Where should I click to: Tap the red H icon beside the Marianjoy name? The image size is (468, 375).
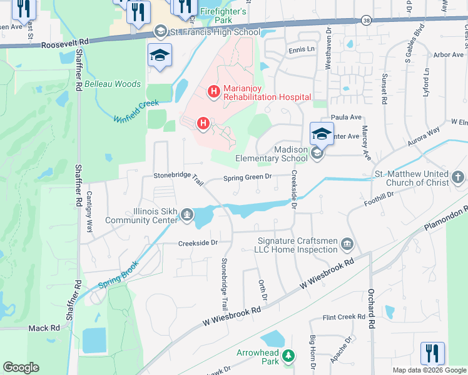pyautogui.click(x=213, y=92)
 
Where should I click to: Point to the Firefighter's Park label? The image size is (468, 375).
pyautogui.click(x=223, y=16)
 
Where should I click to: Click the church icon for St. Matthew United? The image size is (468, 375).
pyautogui.click(x=458, y=178)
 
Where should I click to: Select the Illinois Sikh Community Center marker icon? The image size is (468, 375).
pyautogui.click(x=186, y=216)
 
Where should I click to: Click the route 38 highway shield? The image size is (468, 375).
pyautogui.click(x=366, y=21)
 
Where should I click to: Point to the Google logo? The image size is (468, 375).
pyautogui.click(x=21, y=367)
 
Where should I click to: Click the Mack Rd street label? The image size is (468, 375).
pyautogui.click(x=44, y=327)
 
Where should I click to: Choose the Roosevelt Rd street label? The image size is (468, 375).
pyautogui.click(x=65, y=44)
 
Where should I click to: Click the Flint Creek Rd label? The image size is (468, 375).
pyautogui.click(x=343, y=317)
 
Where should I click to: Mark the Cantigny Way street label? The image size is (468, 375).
pyautogui.click(x=89, y=212)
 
